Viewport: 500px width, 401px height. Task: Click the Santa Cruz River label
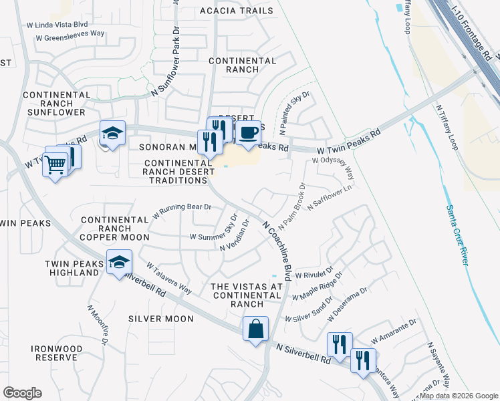(456, 235)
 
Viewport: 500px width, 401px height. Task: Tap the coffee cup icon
(248, 133)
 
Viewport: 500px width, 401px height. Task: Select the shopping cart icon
(55, 164)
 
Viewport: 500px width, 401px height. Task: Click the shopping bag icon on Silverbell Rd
(255, 329)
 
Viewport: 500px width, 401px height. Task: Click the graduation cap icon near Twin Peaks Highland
(119, 262)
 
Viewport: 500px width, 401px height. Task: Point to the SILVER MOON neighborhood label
(161, 319)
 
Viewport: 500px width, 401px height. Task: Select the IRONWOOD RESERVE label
(57, 354)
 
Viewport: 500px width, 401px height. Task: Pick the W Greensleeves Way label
(70, 37)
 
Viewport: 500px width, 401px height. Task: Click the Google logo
(22, 393)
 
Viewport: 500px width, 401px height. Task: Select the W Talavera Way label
(169, 278)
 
